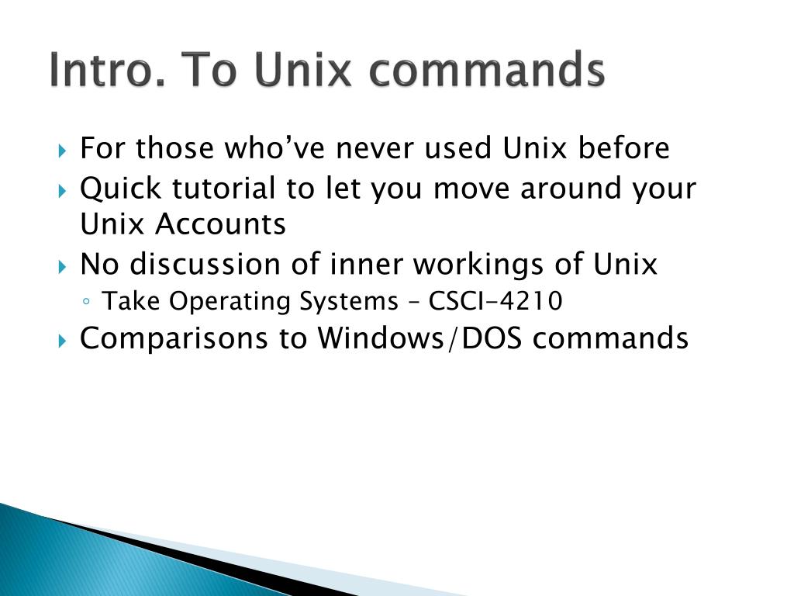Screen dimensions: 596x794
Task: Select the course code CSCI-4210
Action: pyautogui.click(x=495, y=301)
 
